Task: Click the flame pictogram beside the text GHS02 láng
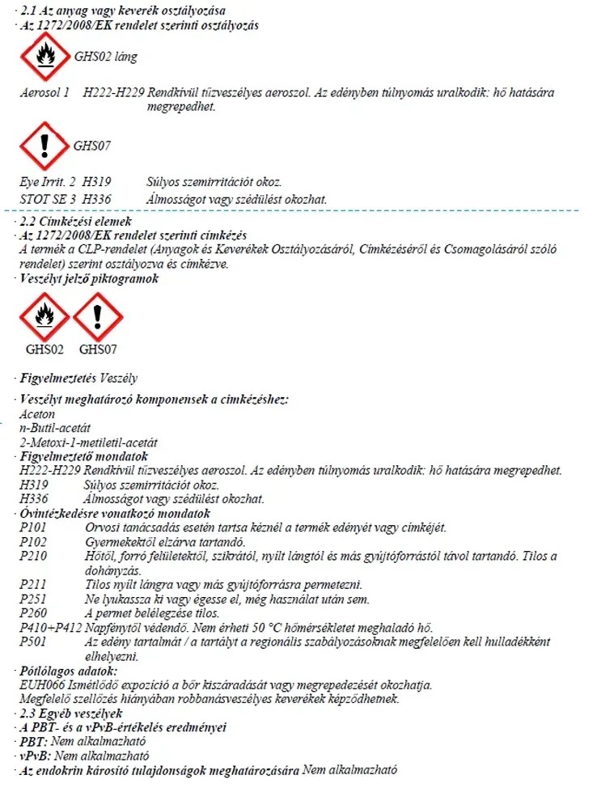pyautogui.click(x=44, y=57)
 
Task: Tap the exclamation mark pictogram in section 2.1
pyautogui.click(x=44, y=146)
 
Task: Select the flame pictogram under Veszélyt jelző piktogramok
pyautogui.click(x=44, y=316)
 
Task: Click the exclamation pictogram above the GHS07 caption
pyautogui.click(x=97, y=316)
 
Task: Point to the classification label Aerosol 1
pyautogui.click(x=45, y=94)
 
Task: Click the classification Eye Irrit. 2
pyautogui.click(x=47, y=183)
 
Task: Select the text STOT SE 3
pyautogui.click(x=45, y=198)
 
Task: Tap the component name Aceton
pyautogui.click(x=37, y=413)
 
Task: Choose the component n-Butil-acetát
pyautogui.click(x=55, y=428)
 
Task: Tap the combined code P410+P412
pyautogui.click(x=49, y=628)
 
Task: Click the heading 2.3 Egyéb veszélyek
pyautogui.click(x=71, y=714)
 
